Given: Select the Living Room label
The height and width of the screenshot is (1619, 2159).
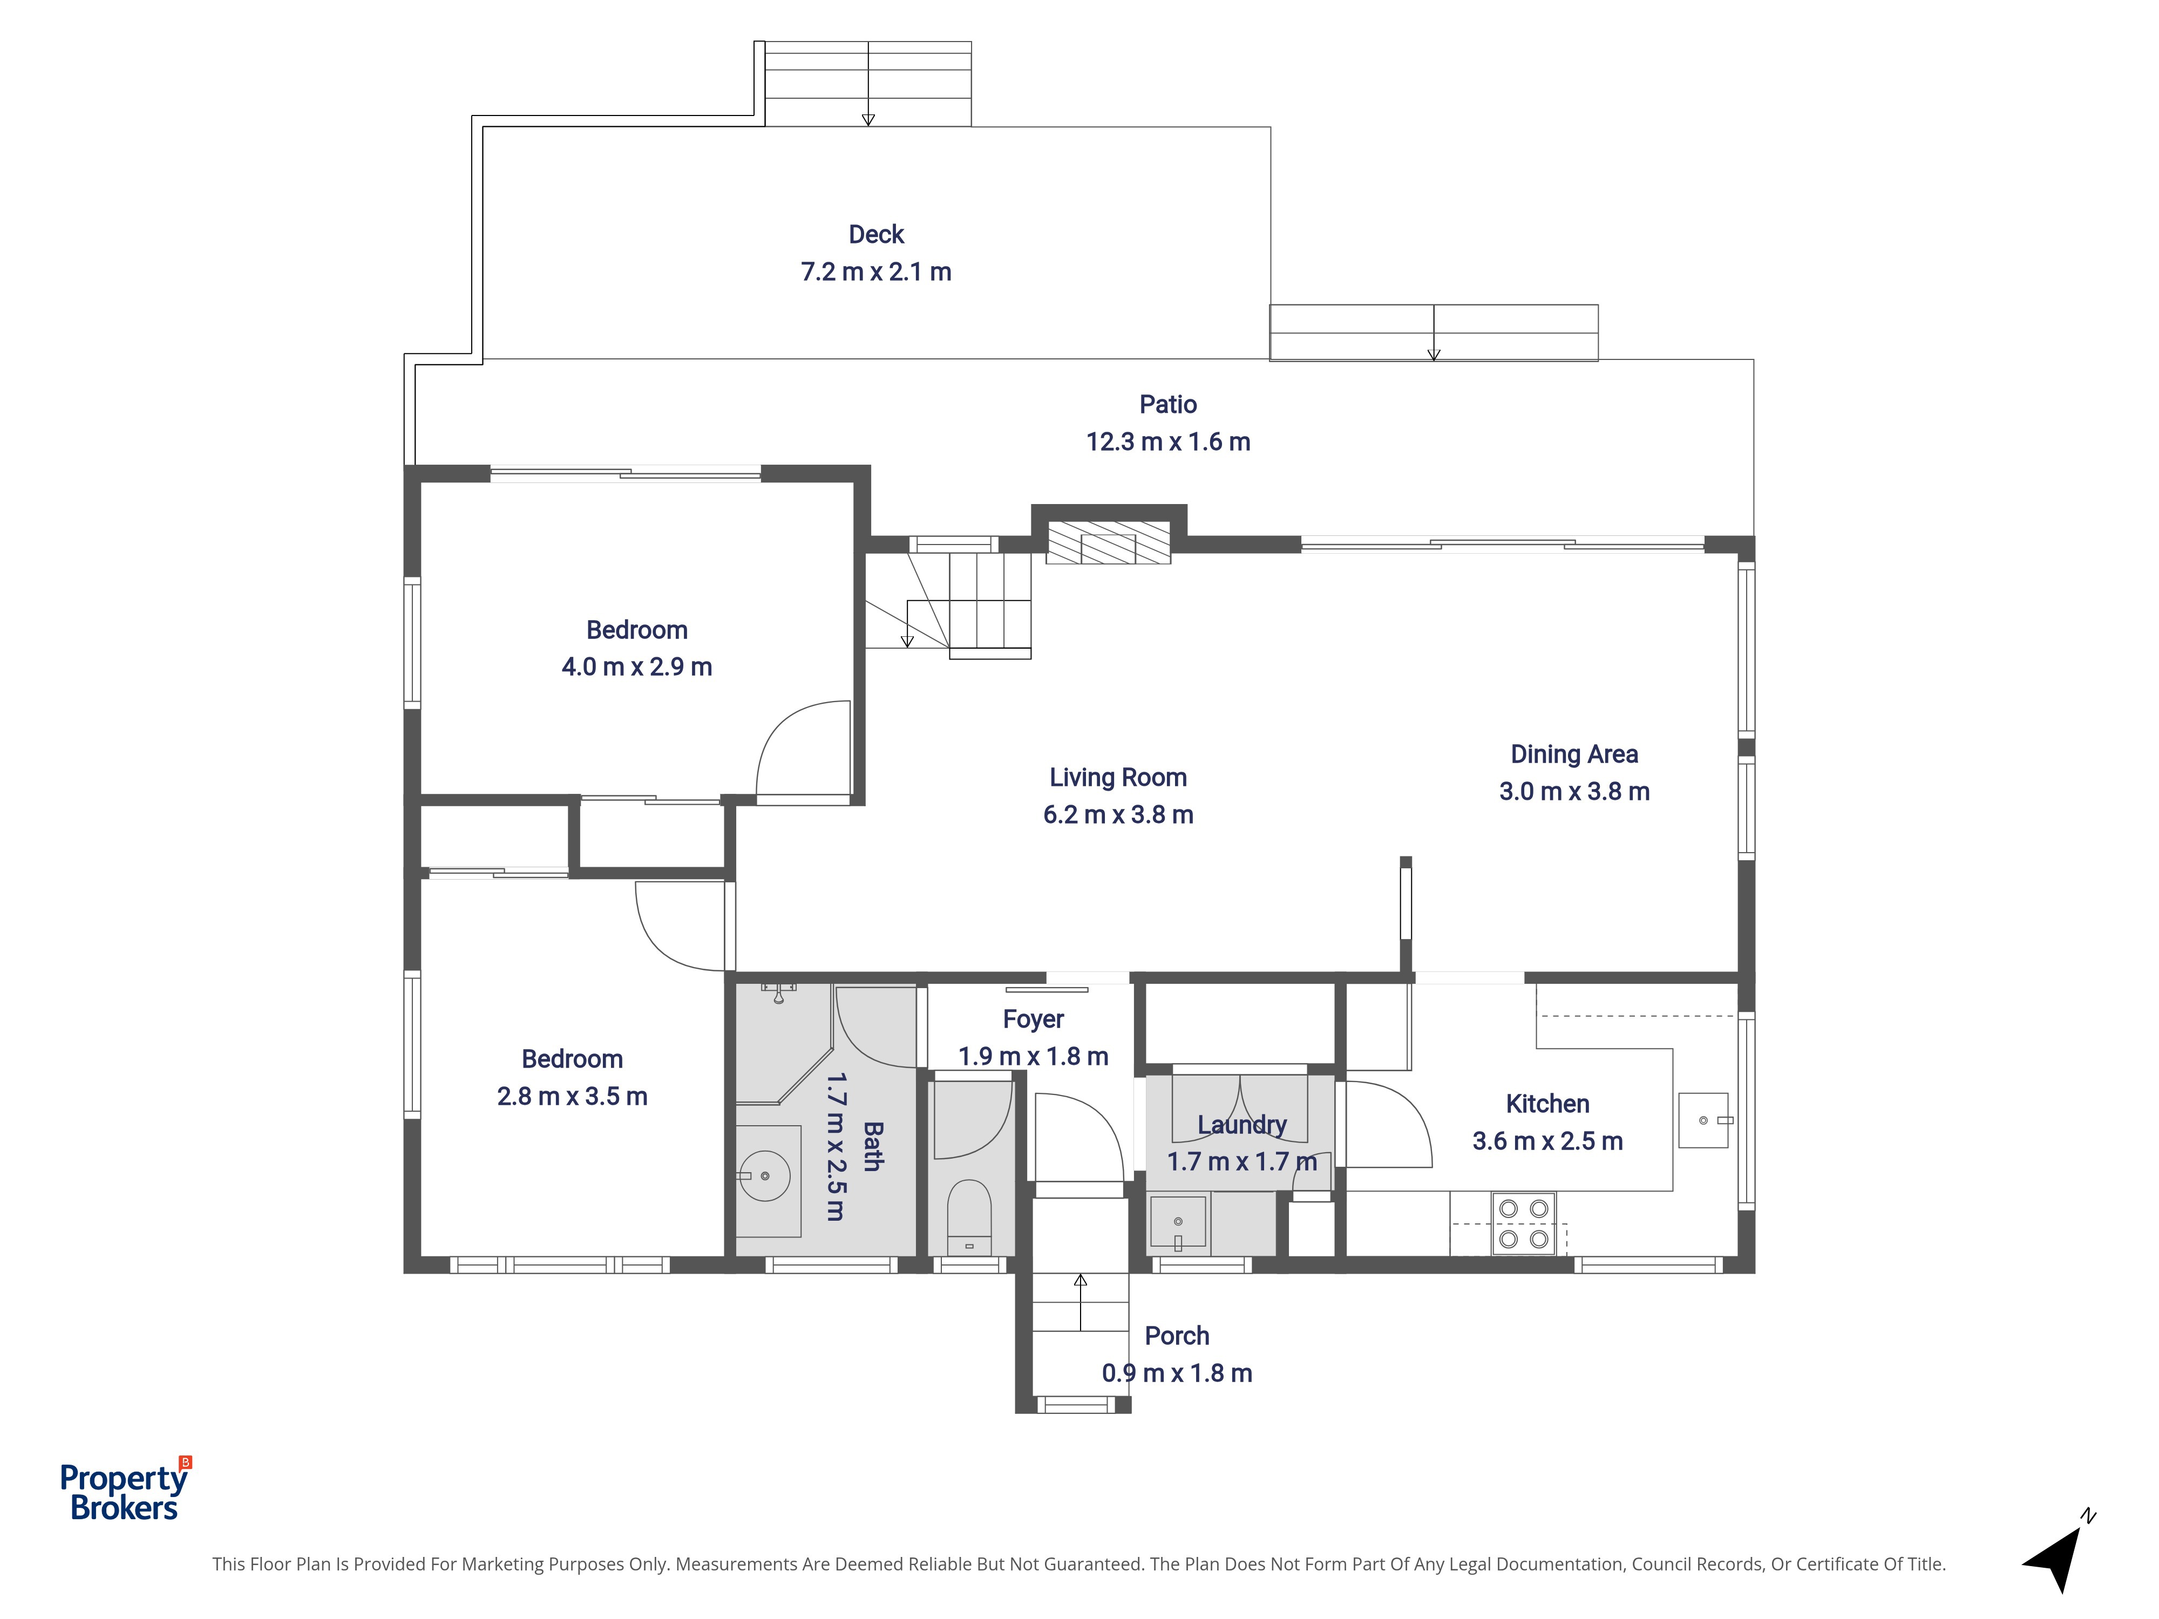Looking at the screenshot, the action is (1118, 778).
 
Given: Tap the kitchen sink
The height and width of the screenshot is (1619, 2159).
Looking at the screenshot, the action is (1704, 1119).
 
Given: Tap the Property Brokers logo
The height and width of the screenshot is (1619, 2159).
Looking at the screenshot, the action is (125, 1490).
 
